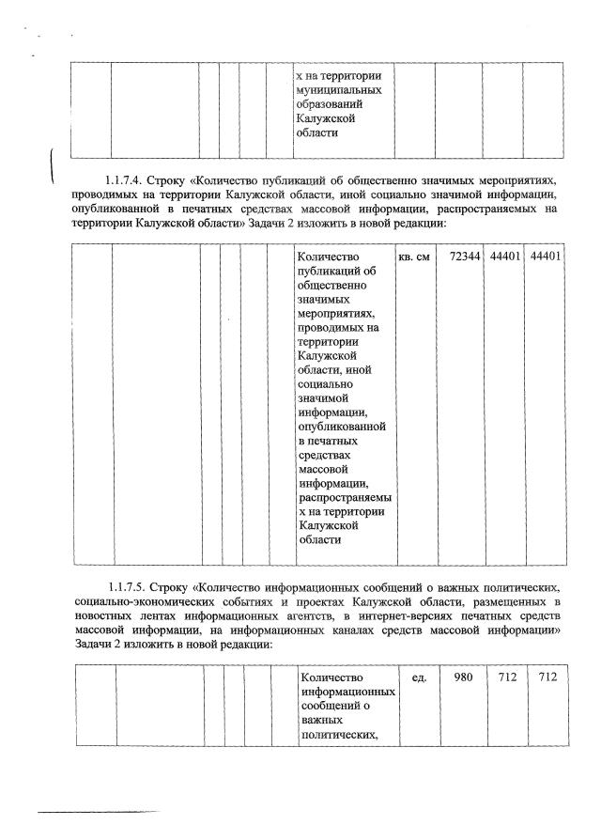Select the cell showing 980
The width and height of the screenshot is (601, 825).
pos(463,677)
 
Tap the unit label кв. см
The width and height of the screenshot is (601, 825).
pos(414,256)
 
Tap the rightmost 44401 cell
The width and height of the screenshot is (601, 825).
pos(546,256)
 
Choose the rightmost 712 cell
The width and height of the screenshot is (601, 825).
pos(542,677)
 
